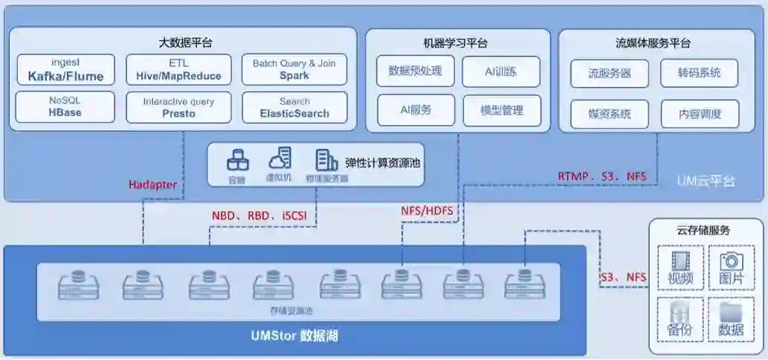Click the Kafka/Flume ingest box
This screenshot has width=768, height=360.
pos(65,70)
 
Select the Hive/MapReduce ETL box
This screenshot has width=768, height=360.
pos(178,70)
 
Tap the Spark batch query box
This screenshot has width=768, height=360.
pos(294,70)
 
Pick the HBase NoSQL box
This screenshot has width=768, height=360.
pos(65,107)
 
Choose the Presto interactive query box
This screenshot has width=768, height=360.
pos(178,107)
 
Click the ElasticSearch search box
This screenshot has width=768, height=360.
pos(294,107)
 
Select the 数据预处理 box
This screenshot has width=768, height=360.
pos(415,71)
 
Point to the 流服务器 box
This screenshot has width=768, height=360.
pos(610,74)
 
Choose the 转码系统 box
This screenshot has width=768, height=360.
pos(699,74)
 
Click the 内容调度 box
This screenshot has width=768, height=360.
pos(699,114)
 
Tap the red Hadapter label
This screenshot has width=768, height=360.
pos(152,184)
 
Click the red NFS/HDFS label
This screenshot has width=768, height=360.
pos(427,210)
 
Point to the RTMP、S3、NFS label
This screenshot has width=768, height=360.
pos(602,176)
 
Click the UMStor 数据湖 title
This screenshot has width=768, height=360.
pos(294,336)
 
